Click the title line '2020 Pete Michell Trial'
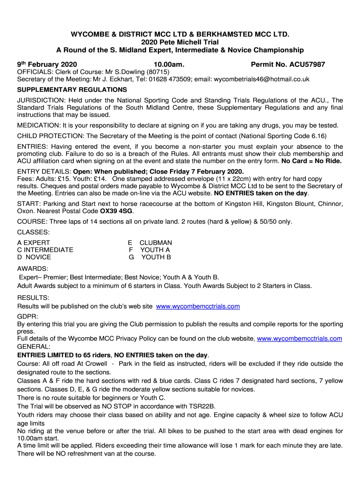180,42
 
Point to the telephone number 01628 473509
168,79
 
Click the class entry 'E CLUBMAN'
150,243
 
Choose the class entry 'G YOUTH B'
150,257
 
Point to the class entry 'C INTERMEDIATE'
45,250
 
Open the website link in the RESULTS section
198,306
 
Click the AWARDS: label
33,269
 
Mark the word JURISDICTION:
41,100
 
